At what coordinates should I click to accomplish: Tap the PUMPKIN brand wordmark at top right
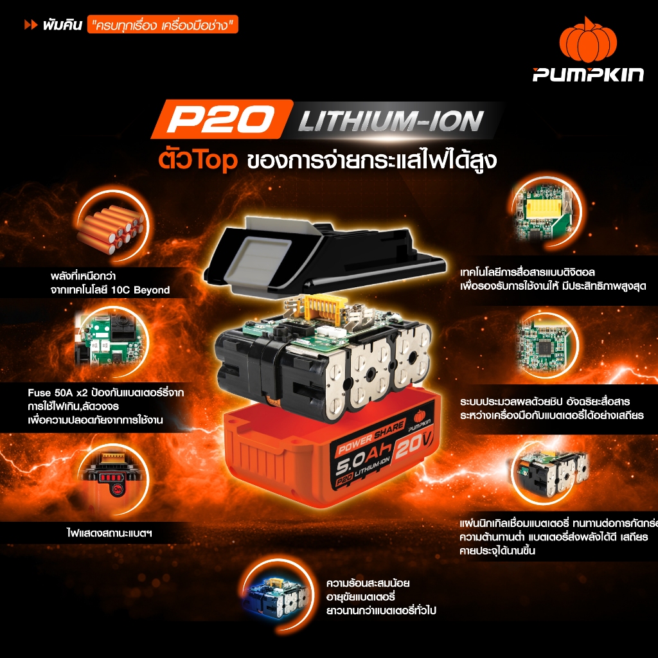tap(587, 75)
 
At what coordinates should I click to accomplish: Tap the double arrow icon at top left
tap(30, 26)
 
